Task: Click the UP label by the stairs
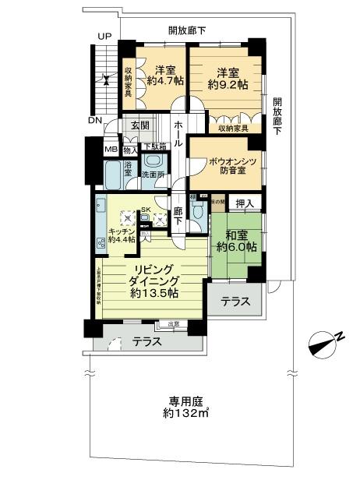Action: click(x=103, y=36)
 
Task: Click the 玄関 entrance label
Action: click(x=139, y=125)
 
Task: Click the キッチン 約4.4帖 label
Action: click(x=122, y=236)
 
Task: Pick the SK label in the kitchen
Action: click(x=145, y=208)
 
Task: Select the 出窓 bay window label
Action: click(x=172, y=324)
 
